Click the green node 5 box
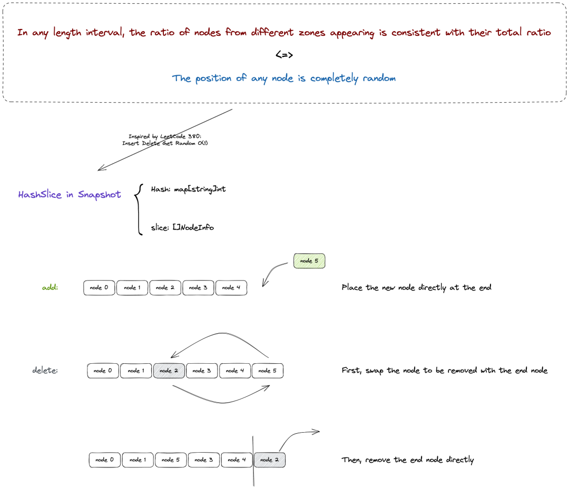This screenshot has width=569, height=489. point(309,261)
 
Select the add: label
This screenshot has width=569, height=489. point(50,287)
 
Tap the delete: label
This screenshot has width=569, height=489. point(45,371)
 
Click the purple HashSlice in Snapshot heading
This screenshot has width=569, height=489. point(70,195)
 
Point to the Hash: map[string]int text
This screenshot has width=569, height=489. point(188,189)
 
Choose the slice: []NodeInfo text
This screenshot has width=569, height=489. point(182,227)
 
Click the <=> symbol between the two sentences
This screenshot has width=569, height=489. point(284,55)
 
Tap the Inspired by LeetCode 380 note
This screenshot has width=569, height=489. point(165,139)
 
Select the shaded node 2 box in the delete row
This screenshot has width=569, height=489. point(169,371)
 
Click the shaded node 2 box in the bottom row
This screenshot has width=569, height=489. point(270,460)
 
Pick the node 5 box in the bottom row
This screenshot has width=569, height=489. point(171,460)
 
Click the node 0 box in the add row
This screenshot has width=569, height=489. point(99,288)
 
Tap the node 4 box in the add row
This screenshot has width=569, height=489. point(231,288)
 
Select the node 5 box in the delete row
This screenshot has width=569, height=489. point(268,371)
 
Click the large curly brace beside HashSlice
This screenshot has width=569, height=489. point(138,209)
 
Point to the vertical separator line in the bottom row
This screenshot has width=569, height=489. point(253,462)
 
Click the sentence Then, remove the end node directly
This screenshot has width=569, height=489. point(407,460)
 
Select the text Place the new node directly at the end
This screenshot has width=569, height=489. point(417,287)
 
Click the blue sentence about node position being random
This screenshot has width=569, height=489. point(284,78)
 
